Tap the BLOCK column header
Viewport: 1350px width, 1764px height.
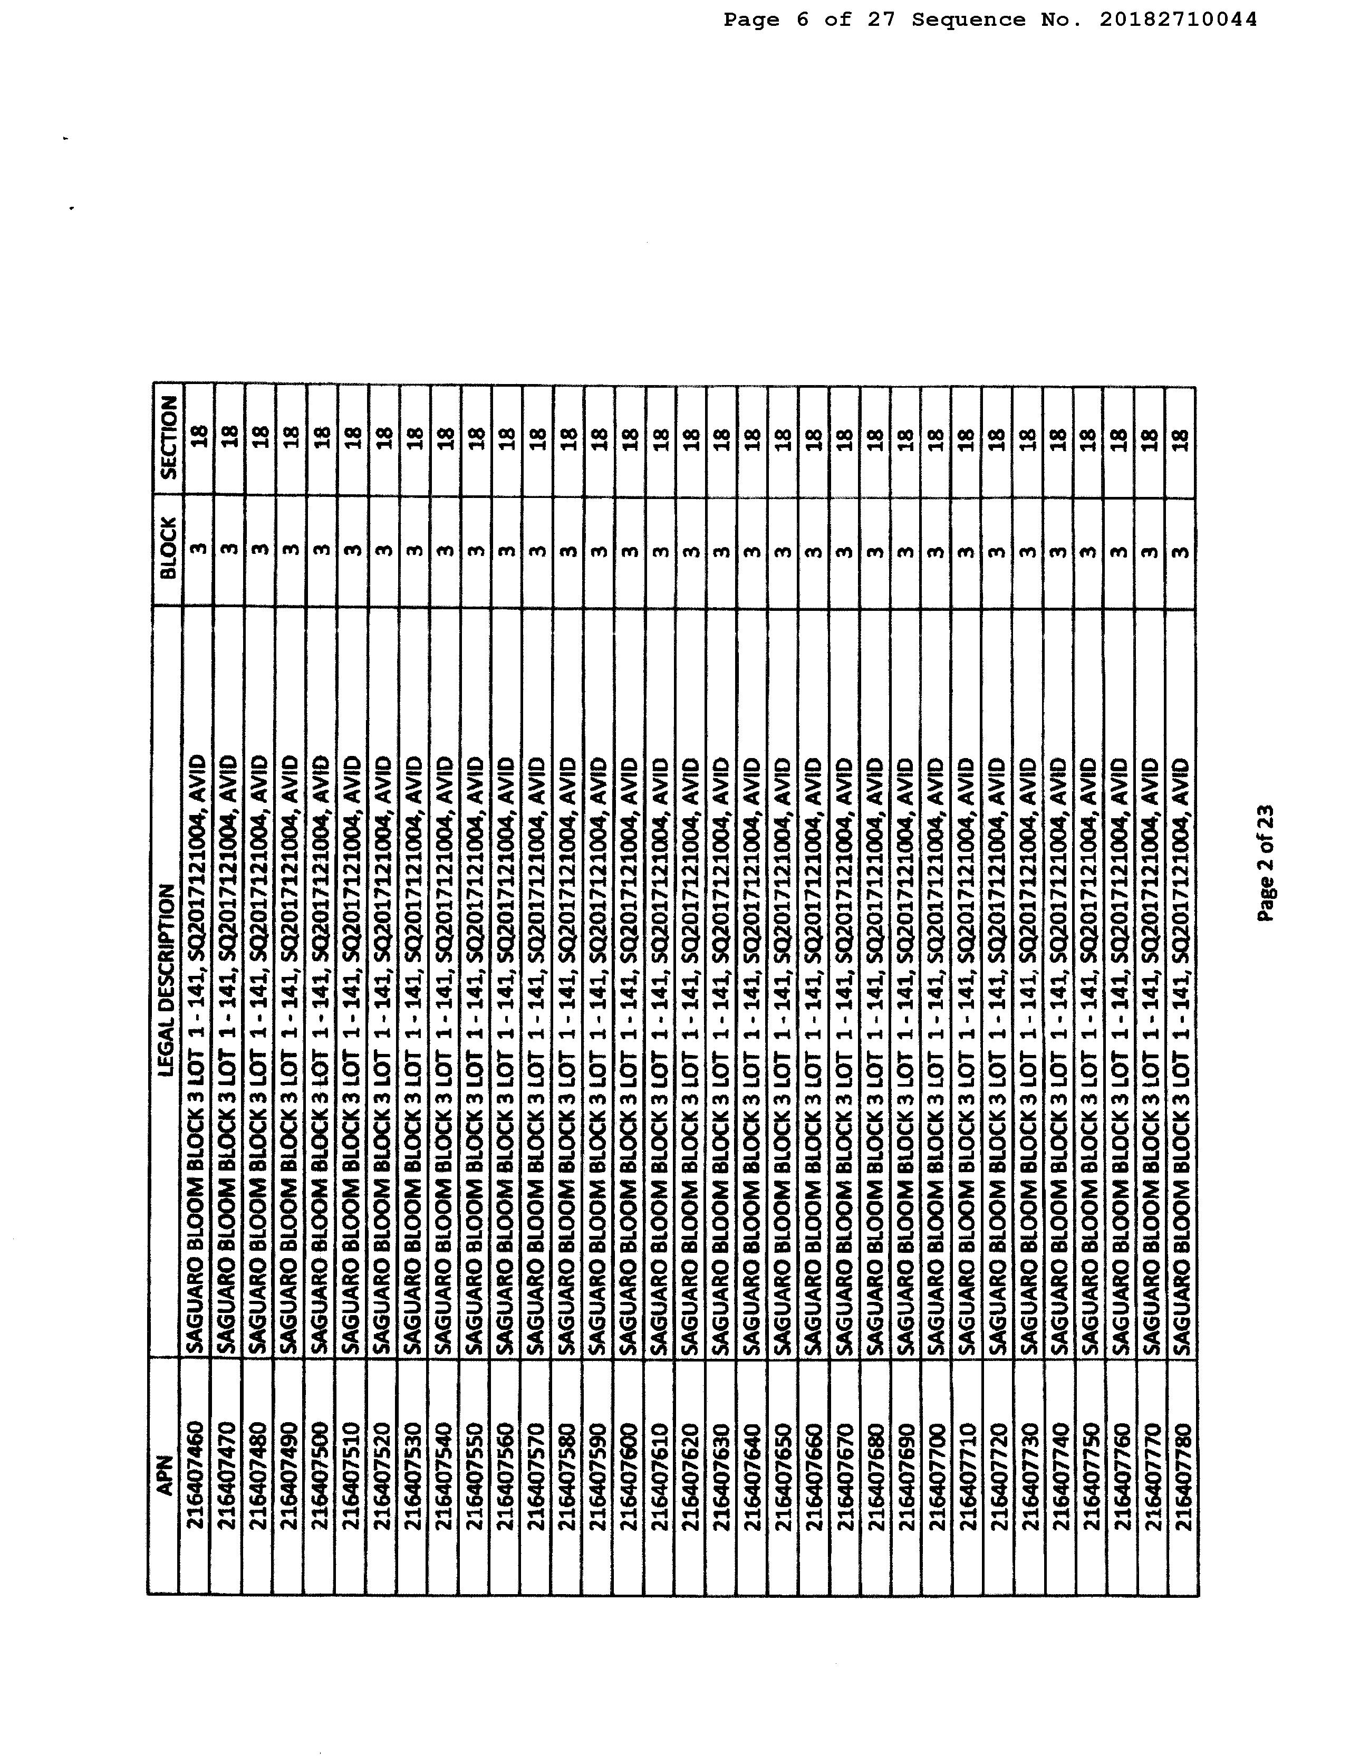(x=168, y=549)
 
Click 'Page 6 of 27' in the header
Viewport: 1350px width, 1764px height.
(x=809, y=20)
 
